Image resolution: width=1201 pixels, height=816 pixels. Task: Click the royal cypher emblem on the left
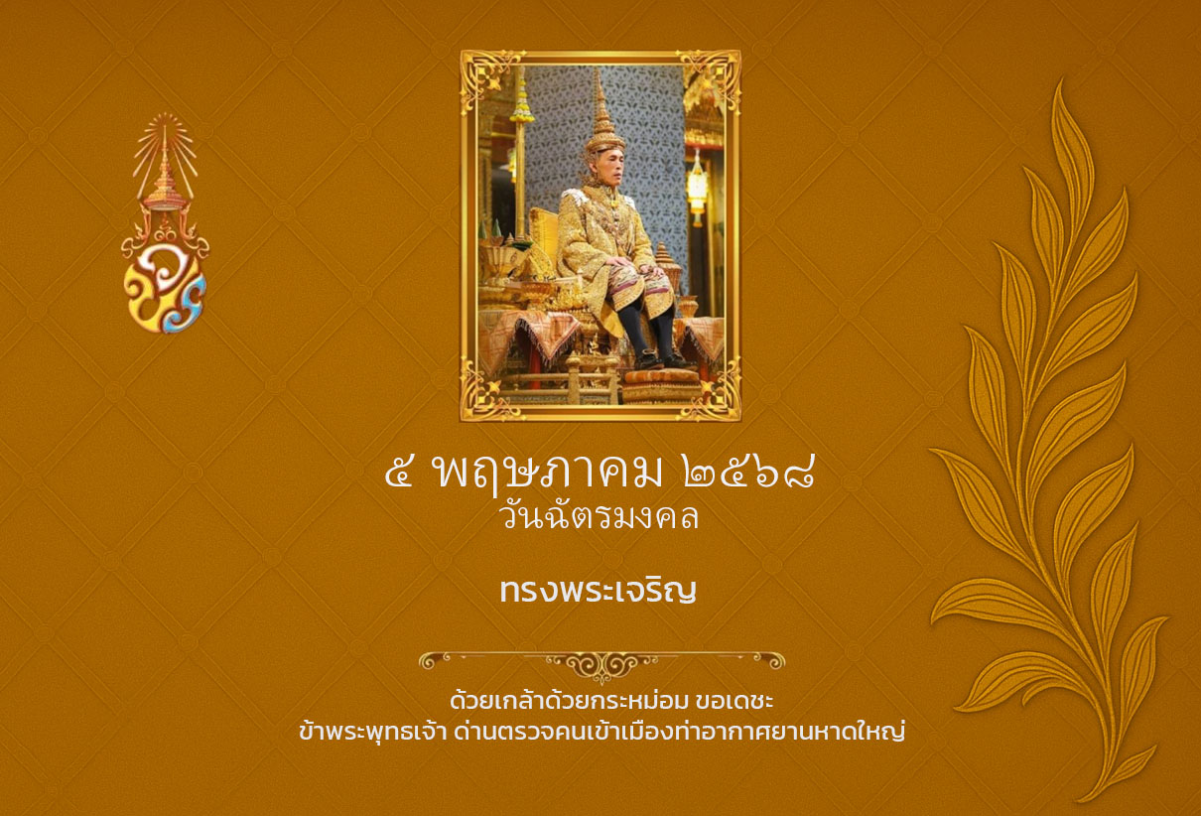click(x=165, y=223)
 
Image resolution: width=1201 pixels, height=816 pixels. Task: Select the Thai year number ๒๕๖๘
click(x=749, y=472)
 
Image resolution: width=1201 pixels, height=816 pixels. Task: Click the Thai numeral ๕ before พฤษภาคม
click(x=399, y=472)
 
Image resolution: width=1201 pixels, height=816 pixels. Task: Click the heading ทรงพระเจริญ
click(x=598, y=591)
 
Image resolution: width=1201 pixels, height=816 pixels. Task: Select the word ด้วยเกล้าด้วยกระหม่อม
click(x=569, y=700)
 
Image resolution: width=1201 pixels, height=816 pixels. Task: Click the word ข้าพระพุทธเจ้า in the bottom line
click(x=372, y=733)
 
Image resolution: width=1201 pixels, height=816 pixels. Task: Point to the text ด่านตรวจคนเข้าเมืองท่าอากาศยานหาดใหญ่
click(x=679, y=732)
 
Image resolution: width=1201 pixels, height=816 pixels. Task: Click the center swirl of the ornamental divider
click(x=601, y=666)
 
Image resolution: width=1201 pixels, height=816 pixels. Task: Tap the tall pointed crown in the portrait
click(x=604, y=111)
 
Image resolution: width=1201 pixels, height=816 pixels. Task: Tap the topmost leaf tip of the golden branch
click(x=1059, y=81)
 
